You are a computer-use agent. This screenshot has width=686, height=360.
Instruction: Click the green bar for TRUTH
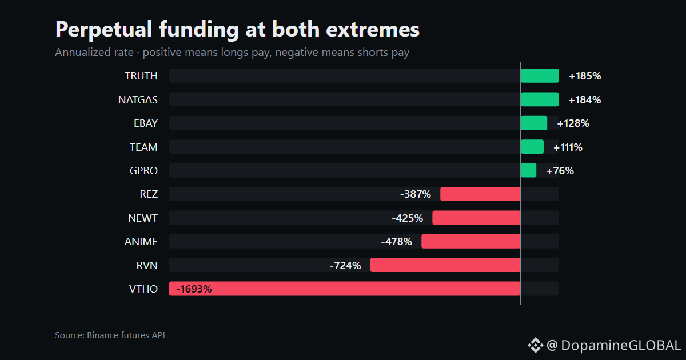click(540, 75)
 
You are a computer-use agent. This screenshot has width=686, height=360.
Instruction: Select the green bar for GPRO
click(529, 170)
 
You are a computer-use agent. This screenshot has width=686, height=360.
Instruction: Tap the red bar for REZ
click(480, 194)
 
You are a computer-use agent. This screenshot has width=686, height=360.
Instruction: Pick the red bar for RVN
click(445, 265)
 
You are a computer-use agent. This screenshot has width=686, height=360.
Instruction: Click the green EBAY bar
click(534, 123)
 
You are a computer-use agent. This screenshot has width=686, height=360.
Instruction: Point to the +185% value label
click(585, 76)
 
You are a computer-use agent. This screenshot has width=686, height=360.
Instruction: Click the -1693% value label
click(194, 289)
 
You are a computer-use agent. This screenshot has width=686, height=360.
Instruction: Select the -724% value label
click(345, 265)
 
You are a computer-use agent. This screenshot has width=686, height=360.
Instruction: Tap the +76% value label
click(560, 171)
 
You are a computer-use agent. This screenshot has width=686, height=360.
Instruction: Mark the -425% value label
click(407, 218)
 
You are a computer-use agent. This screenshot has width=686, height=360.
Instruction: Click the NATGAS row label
click(138, 100)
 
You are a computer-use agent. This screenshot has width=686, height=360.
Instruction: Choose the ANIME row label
click(141, 242)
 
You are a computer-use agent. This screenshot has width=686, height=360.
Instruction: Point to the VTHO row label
click(143, 289)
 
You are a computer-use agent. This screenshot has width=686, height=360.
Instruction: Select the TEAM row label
click(143, 147)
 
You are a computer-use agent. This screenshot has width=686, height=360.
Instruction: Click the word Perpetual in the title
click(104, 30)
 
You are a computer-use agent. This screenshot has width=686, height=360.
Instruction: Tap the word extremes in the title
click(373, 30)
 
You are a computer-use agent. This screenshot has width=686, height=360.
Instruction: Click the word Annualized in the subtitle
click(94, 53)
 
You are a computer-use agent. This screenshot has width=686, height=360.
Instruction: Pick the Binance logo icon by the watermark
click(535, 345)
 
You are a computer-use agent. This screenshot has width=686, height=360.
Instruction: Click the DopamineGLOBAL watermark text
click(621, 346)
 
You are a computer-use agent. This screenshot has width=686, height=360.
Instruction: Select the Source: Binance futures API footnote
click(110, 335)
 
